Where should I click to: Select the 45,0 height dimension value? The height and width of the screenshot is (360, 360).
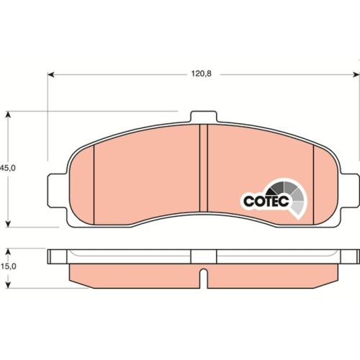pyautogui.click(x=7, y=167)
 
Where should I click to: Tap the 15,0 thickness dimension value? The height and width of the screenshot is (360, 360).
pyautogui.click(x=7, y=267)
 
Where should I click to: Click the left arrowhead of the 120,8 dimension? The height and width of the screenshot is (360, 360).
pyautogui.click(x=51, y=73)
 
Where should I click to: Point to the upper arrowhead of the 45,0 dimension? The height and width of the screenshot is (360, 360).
pyautogui.click(x=7, y=114)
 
